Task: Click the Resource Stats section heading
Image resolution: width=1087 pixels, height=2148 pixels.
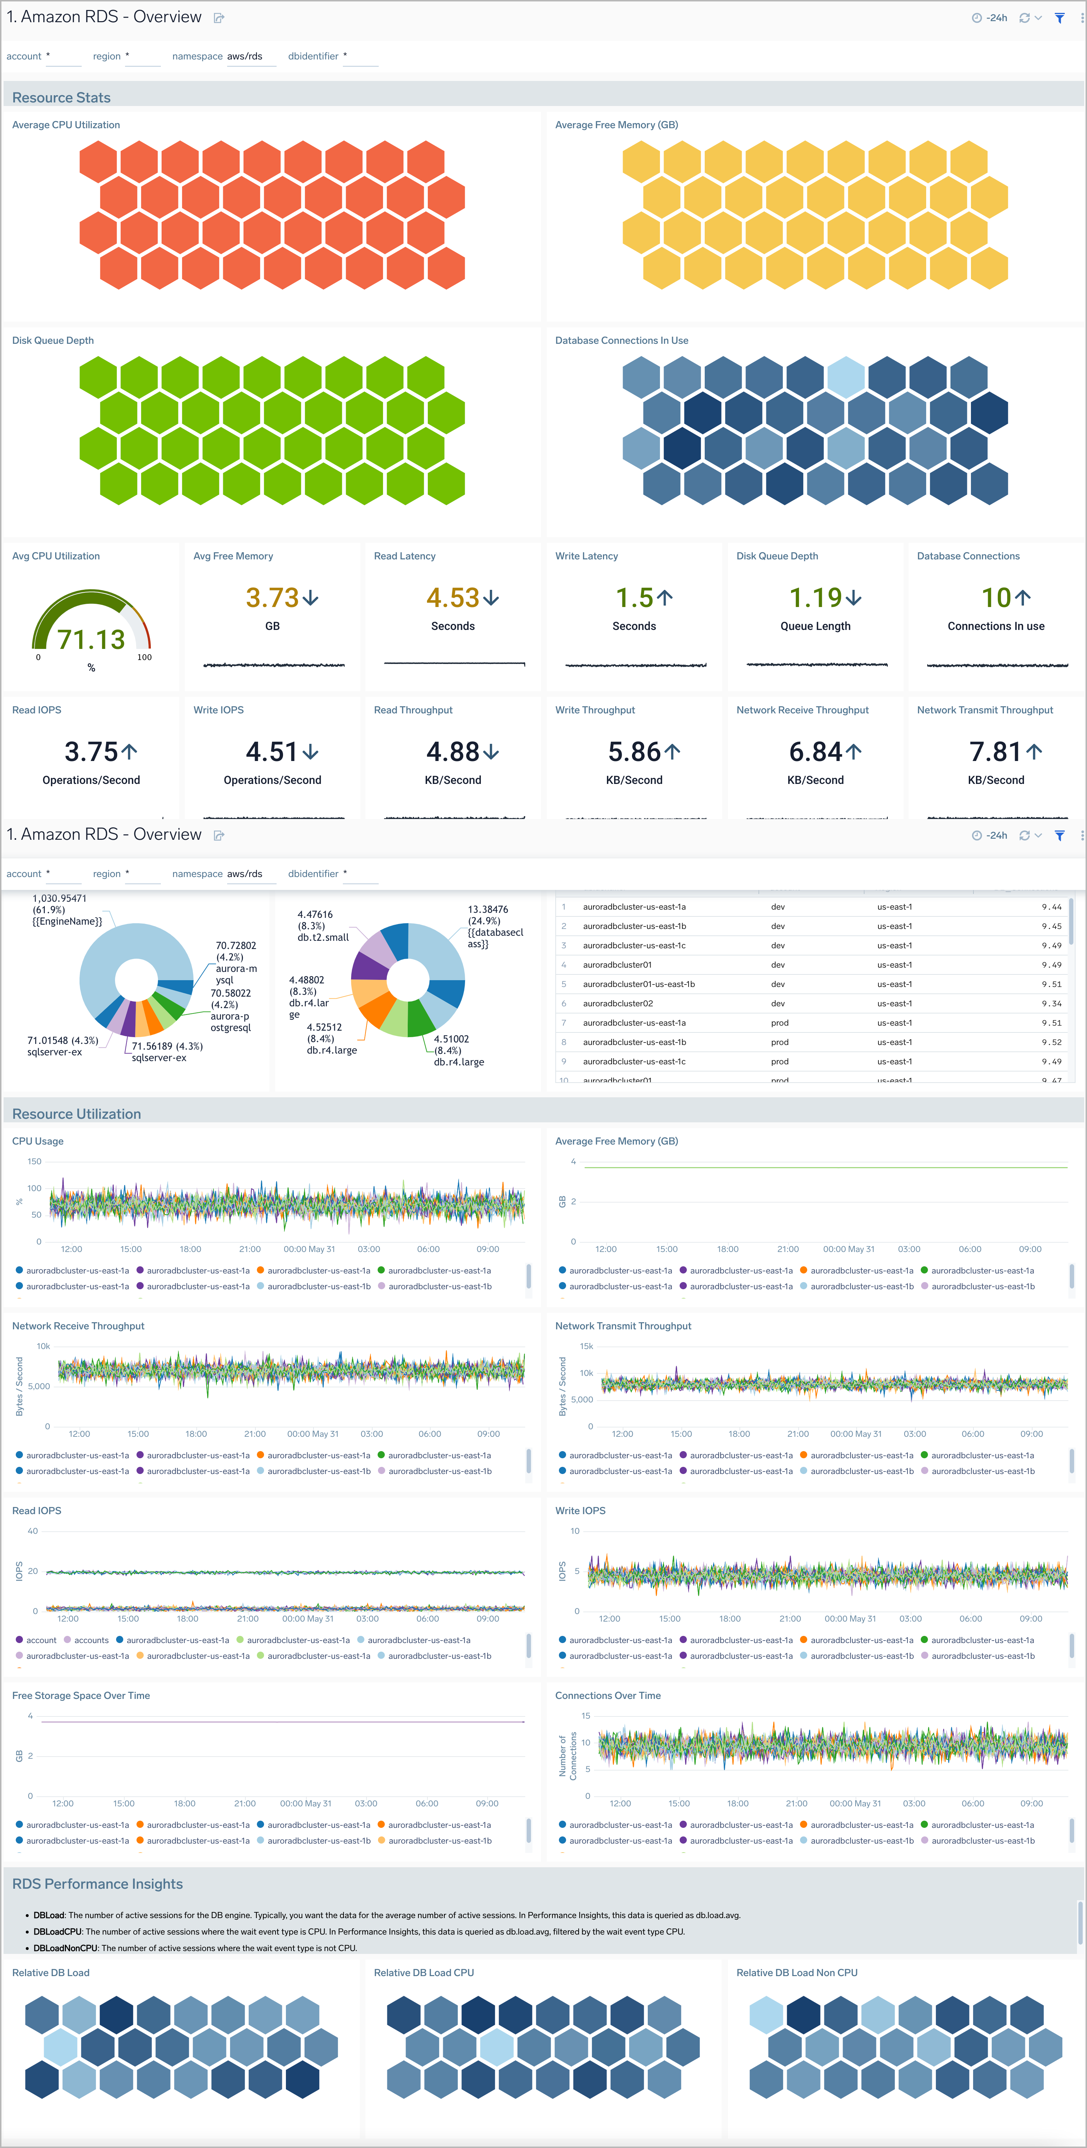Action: point(61,97)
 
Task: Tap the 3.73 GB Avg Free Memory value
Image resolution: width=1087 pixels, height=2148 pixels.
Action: point(272,598)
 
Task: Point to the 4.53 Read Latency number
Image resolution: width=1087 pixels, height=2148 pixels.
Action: point(453,598)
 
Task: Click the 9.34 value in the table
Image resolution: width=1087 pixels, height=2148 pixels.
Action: point(1051,1003)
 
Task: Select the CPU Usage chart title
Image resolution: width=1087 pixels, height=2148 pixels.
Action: point(38,1141)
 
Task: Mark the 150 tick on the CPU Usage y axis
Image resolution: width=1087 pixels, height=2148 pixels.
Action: point(34,1161)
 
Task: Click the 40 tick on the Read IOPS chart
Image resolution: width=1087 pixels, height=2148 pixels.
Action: point(33,1531)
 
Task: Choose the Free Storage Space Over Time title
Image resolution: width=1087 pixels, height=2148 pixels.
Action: point(81,1695)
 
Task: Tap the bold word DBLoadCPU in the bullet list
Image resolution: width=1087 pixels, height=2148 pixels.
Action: point(58,1931)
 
